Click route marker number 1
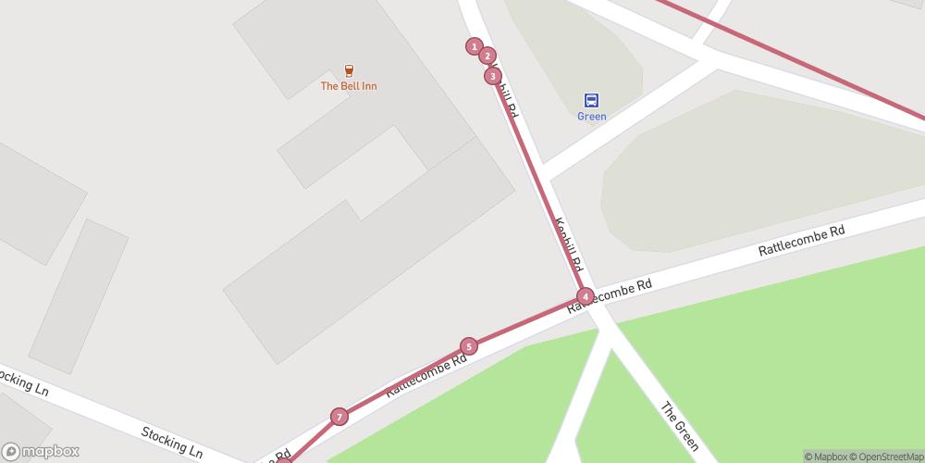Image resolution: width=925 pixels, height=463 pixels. [475, 46]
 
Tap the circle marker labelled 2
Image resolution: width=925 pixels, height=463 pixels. [487, 56]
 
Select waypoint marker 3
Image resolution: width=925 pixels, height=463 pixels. [493, 76]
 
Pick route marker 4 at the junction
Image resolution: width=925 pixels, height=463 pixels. [586, 296]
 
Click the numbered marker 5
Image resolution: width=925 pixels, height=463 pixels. [469, 346]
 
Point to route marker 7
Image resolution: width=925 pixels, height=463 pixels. [339, 417]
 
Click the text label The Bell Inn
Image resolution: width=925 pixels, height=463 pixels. [348, 86]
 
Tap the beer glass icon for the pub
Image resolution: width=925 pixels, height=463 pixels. [349, 70]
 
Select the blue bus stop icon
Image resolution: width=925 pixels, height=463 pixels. [591, 100]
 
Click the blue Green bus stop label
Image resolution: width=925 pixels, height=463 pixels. [591, 117]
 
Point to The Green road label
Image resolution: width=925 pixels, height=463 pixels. [680, 426]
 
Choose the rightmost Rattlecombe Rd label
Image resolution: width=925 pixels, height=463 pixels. [802, 242]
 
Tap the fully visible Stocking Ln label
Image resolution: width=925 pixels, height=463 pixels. [172, 442]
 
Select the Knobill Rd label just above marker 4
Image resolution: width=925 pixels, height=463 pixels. [569, 244]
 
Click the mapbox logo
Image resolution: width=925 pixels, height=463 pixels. [41, 451]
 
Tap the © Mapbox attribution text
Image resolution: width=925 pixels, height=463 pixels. [828, 457]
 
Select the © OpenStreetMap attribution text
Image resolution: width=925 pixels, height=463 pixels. [889, 457]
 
